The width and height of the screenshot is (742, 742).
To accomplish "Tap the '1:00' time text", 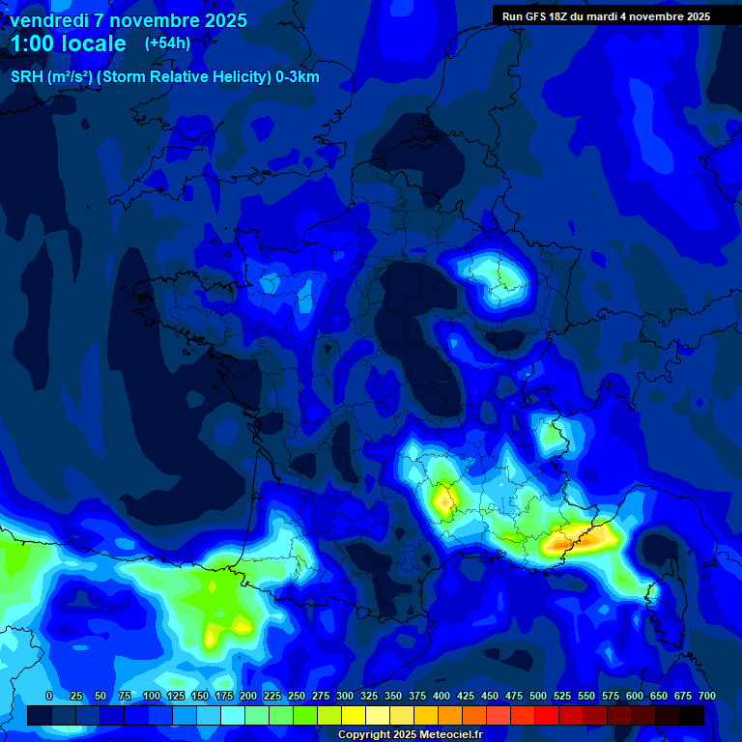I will (x=35, y=43).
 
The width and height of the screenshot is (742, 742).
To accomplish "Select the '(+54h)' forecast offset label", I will (x=167, y=43).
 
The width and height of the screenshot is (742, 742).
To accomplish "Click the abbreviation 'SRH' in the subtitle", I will (x=27, y=77).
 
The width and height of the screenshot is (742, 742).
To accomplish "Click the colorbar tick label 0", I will (x=49, y=696).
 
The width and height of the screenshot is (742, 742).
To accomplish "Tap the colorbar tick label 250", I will (x=297, y=696).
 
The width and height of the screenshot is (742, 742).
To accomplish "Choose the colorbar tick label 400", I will (x=442, y=696).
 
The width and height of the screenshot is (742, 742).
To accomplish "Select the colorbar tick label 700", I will (x=706, y=696).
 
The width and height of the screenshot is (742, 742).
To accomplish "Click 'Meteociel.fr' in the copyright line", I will (x=448, y=735).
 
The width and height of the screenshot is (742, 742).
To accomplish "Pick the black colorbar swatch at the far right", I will (x=692, y=715).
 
